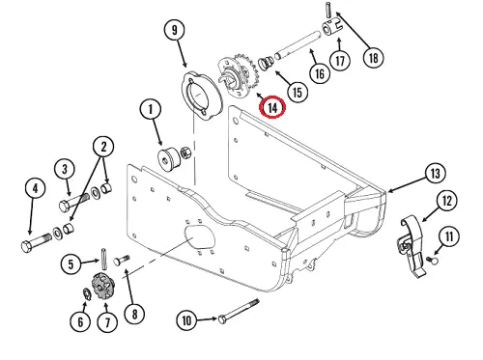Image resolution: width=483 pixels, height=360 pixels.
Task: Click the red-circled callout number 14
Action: click(272, 107)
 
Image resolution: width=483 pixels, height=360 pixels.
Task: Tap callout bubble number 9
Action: click(174, 30)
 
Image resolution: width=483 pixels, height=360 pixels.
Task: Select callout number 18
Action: click(373, 58)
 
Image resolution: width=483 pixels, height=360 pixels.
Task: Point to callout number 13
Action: click(435, 174)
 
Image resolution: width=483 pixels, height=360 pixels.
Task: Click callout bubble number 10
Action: click(186, 320)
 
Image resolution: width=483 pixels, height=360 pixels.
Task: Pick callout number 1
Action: click(151, 109)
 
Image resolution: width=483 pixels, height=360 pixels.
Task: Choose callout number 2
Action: click(103, 147)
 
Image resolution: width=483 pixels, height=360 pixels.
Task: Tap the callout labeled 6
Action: click(80, 321)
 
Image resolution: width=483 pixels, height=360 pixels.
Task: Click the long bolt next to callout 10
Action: click(239, 311)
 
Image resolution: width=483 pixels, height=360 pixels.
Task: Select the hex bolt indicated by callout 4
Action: click(36, 242)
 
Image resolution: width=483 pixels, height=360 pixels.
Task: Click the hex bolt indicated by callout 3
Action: click(73, 201)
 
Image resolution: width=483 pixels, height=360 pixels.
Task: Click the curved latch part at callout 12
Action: click(410, 244)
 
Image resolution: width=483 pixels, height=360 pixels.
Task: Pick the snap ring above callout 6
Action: click(86, 294)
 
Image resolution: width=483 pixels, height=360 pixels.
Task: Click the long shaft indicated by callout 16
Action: click(297, 45)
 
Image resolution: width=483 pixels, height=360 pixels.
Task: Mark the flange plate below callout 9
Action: click(202, 97)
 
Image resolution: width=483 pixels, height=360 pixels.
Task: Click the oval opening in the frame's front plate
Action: click(200, 238)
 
